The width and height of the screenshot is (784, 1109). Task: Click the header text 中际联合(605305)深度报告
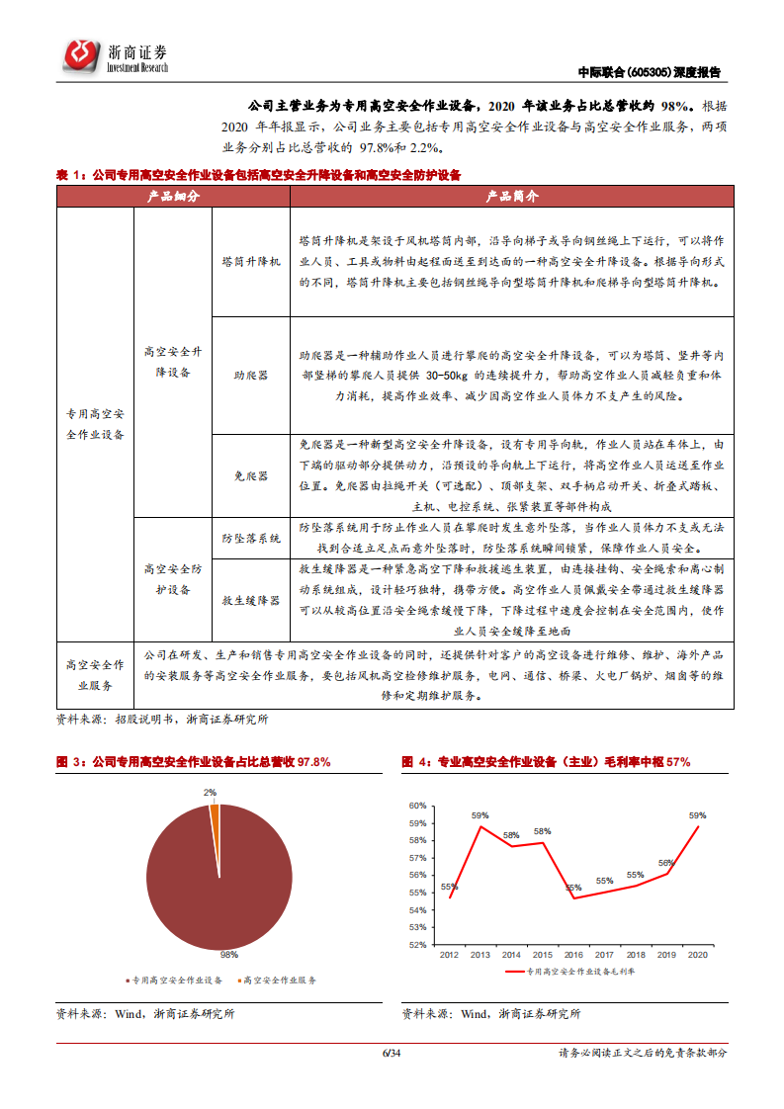pos(649,72)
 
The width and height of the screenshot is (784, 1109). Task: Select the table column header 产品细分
pos(173,197)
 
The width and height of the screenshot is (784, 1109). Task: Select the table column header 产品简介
pos(511,197)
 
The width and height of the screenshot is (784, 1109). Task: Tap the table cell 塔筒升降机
pos(251,263)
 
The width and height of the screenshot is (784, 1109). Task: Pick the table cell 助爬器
pos(251,376)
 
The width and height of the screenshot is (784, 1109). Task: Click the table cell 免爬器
pos(251,475)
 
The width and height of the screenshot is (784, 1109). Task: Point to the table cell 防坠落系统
pos(251,538)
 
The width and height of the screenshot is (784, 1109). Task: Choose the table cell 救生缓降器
pos(251,600)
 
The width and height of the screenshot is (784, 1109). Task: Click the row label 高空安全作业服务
pos(95,674)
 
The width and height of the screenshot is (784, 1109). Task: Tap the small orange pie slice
pos(214,811)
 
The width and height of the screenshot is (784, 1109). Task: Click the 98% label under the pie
pos(228,955)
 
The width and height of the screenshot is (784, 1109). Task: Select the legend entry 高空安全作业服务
pos(279,980)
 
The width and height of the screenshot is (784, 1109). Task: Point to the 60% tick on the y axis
pos(416,806)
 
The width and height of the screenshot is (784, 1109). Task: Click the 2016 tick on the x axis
pos(573,955)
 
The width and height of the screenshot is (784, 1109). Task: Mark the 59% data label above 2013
pos(479,815)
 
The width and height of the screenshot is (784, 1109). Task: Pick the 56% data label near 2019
pos(665,863)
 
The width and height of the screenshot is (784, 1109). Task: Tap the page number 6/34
pos(392,1053)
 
